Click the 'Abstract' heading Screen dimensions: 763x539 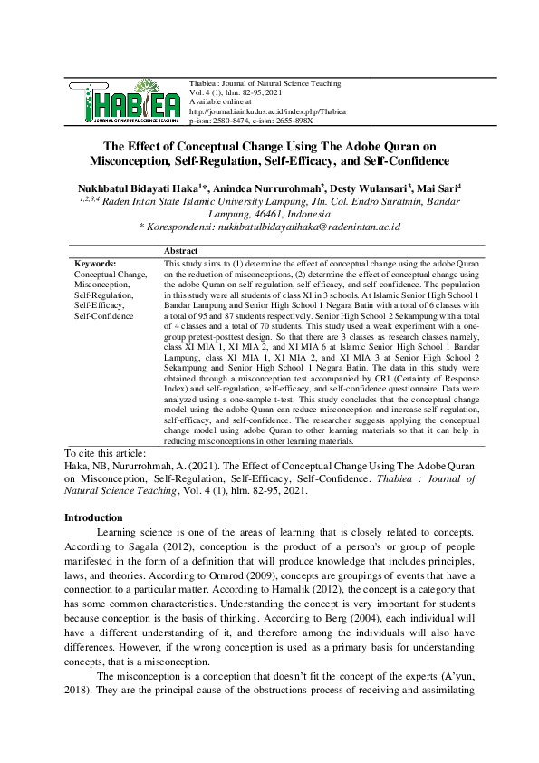click(181, 249)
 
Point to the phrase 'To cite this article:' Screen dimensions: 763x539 click(108, 452)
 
